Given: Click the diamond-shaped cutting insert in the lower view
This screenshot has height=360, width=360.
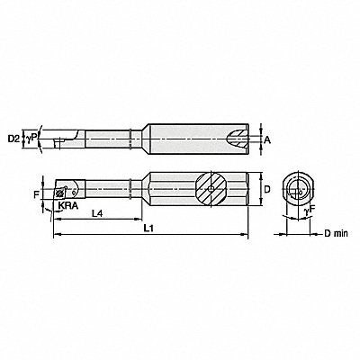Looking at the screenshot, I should coord(64,191).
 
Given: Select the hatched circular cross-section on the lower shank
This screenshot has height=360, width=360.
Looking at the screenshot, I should coord(208,190).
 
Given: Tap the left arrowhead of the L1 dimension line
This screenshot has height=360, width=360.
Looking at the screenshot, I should coord(57,234).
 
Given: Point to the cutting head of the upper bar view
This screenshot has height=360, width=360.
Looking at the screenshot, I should coord(63,139).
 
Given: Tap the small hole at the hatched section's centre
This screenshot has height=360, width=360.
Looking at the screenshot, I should coord(208,190).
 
